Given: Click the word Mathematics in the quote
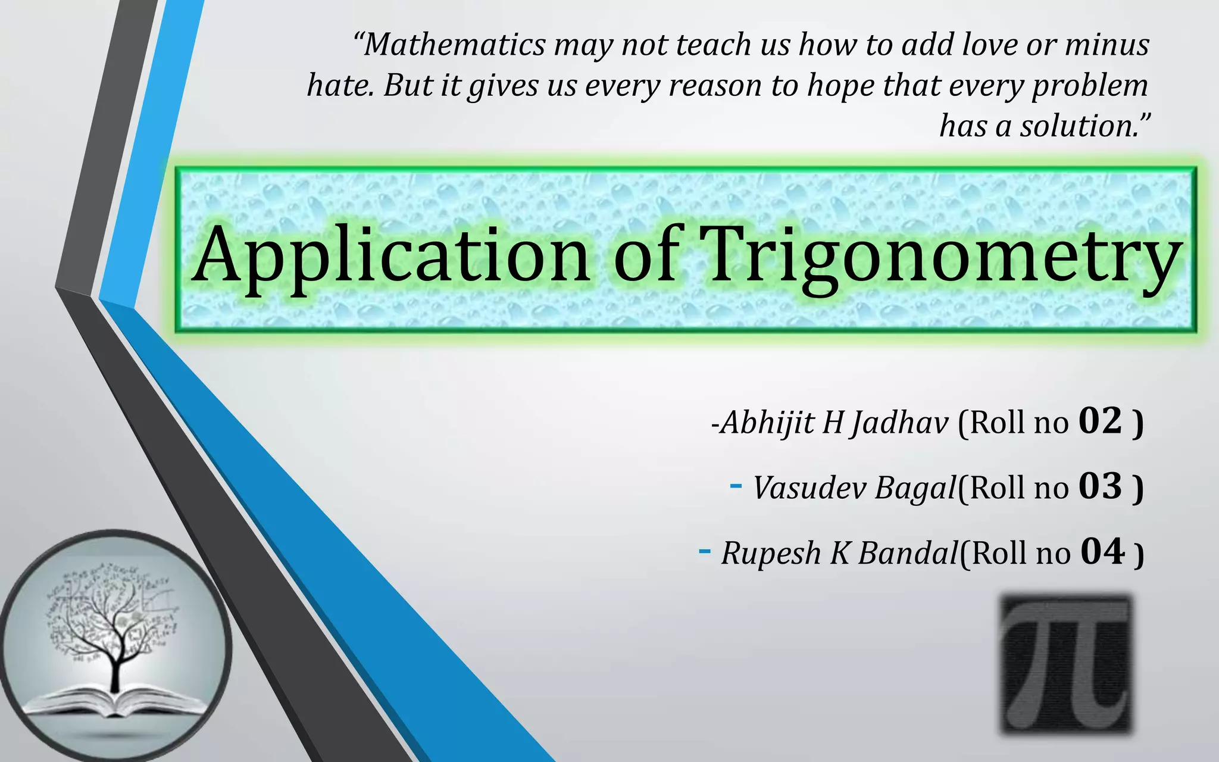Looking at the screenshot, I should click(455, 45).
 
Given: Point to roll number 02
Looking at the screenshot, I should click(1100, 421).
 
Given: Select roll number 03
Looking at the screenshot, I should click(1100, 486).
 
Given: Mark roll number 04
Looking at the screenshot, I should click(1102, 552).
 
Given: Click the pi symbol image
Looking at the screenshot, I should click(1066, 663).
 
